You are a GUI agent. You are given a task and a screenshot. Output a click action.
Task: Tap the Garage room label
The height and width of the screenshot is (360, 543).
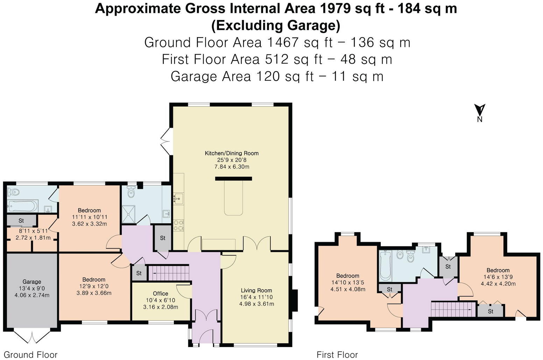tap(32, 282)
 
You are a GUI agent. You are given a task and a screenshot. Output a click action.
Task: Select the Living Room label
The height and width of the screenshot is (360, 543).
tap(256, 290)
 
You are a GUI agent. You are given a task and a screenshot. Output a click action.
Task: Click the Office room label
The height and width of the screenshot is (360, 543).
tap(161, 294)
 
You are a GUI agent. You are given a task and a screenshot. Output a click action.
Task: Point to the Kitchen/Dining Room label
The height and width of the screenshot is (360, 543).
tap(232, 153)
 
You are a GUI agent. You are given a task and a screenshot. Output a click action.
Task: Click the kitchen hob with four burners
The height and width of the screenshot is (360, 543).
tap(179, 225)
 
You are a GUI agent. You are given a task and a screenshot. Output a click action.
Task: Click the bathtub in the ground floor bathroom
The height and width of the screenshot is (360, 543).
tap(22, 206)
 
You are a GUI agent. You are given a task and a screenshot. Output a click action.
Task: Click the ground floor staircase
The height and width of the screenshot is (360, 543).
tap(169, 273)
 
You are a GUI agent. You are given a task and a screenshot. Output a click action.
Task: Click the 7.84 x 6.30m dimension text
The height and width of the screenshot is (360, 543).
tap(232, 167)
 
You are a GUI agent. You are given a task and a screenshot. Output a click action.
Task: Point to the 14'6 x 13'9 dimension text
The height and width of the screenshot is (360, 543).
tap(498, 277)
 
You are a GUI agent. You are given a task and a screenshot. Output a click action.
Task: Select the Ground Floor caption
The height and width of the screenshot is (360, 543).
tap(30, 355)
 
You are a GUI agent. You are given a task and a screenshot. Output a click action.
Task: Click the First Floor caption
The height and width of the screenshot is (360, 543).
tap(337, 355)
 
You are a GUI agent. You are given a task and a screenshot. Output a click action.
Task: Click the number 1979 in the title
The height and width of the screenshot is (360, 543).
tap(335, 8)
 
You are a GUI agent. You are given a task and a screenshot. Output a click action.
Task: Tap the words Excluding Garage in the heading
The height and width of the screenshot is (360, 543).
tap(276, 26)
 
